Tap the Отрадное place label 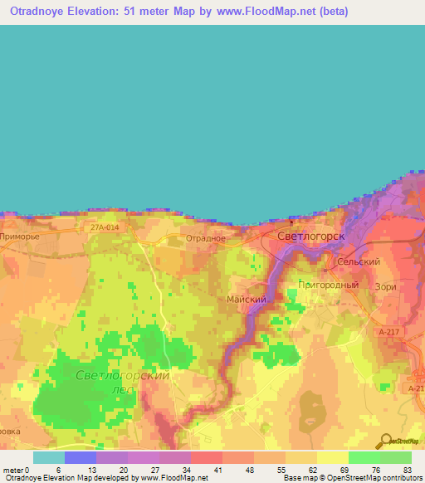206,238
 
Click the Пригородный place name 329,285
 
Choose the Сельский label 359,261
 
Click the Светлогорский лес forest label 122,382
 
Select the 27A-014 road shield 105,225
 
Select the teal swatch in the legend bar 48,457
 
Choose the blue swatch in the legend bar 80,457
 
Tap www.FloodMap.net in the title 260,12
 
